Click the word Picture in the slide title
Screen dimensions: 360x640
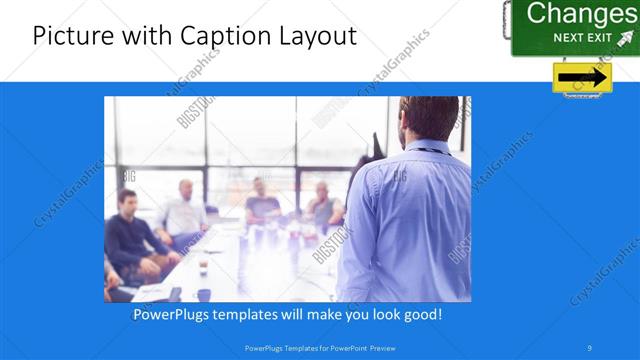point(67,37)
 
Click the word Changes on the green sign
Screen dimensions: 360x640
point(580,14)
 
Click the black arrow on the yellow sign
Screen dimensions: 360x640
point(582,77)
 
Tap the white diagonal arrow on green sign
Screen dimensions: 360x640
point(626,38)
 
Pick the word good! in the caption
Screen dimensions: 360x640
point(422,315)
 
